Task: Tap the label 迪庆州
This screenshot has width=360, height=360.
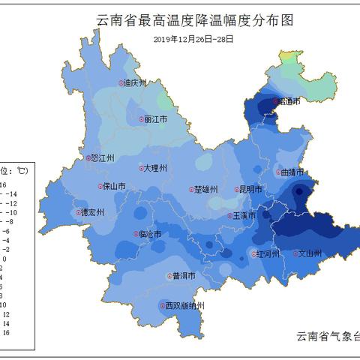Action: click(x=135, y=83)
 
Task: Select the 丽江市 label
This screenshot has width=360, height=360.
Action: click(x=156, y=119)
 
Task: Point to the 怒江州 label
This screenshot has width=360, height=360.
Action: click(x=102, y=158)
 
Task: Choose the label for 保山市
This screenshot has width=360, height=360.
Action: click(x=114, y=186)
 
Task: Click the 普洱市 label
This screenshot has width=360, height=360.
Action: click(x=184, y=275)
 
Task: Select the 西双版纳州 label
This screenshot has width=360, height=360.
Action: click(x=184, y=305)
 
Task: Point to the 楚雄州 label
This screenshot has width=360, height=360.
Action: click(x=205, y=189)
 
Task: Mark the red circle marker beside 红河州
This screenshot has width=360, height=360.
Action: click(x=254, y=254)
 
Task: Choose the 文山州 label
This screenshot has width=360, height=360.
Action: click(x=309, y=253)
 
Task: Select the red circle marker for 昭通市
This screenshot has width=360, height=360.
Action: click(x=276, y=101)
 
